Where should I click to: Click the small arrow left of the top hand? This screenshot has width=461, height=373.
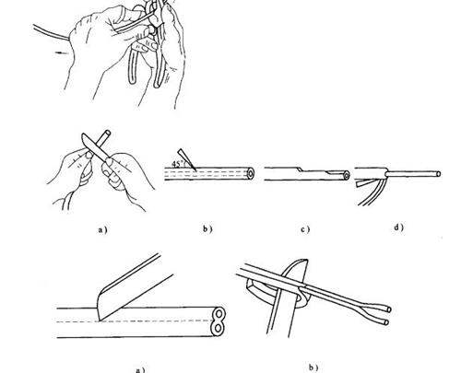[x=62, y=52]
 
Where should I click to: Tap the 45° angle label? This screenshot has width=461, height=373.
[x=178, y=164]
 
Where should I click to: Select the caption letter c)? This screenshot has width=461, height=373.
[x=305, y=229]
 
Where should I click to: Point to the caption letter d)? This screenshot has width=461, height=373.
[x=398, y=227]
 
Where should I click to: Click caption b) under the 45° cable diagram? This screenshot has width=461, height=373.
[x=207, y=228]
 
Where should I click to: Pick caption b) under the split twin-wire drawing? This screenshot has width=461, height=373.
[x=313, y=367]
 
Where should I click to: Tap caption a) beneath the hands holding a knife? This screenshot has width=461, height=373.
[x=103, y=229]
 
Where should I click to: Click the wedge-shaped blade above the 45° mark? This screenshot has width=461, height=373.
[x=187, y=159]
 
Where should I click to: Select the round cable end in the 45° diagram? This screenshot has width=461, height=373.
[x=251, y=174]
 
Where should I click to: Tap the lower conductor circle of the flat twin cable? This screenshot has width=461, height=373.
[x=218, y=329]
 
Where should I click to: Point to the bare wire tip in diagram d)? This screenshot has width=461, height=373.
[x=439, y=174]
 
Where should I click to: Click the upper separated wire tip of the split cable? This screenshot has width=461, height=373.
[x=389, y=309]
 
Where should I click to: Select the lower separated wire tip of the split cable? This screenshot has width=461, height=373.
[x=388, y=322]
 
